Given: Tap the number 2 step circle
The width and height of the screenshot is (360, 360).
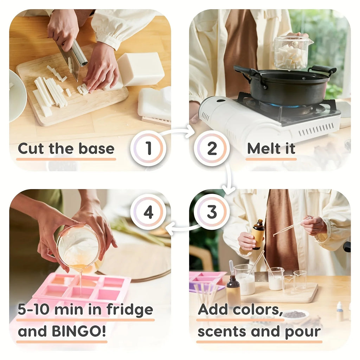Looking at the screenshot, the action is pyautogui.click(x=212, y=148).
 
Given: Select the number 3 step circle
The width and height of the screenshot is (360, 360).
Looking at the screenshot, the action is pyautogui.click(x=212, y=212).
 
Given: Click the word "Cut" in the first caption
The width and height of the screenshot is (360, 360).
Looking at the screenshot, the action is pyautogui.click(x=31, y=149).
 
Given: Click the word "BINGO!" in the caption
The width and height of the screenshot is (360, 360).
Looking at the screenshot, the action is pyautogui.click(x=79, y=331).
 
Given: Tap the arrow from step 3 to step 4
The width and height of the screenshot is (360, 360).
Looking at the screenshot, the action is pyautogui.click(x=182, y=228).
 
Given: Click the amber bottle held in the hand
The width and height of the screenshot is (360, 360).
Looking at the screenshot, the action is pyautogui.click(x=258, y=234).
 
